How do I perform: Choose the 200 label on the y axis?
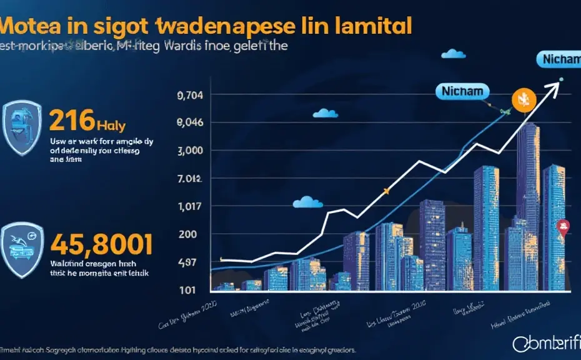[188, 234]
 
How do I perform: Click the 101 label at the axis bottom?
[187, 290]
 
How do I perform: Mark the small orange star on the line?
[387, 191]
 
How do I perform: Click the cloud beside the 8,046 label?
[324, 113]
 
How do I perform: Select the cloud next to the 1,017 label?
[307, 201]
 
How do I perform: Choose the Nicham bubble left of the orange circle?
[461, 91]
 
